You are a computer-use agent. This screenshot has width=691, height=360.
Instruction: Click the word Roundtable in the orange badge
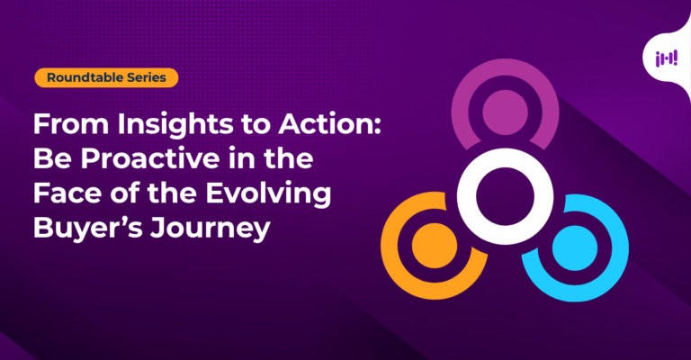(x=85, y=77)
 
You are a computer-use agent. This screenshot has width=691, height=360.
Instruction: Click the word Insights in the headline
(x=175, y=125)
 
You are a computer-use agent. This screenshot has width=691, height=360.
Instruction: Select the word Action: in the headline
(x=329, y=124)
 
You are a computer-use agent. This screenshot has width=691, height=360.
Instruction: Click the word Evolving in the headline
(x=268, y=193)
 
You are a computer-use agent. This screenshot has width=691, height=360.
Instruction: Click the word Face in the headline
(x=67, y=193)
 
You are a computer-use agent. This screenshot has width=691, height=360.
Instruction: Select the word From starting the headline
(x=71, y=124)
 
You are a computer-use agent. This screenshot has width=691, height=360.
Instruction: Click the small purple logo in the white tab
(x=667, y=58)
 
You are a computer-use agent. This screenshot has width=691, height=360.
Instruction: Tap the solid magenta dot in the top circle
(x=505, y=112)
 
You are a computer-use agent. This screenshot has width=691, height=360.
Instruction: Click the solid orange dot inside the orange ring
(x=435, y=246)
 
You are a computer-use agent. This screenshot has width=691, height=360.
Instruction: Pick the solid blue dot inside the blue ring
(x=575, y=248)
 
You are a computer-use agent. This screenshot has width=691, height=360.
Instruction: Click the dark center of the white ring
(x=505, y=196)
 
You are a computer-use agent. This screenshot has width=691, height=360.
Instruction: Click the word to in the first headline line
(x=256, y=125)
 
